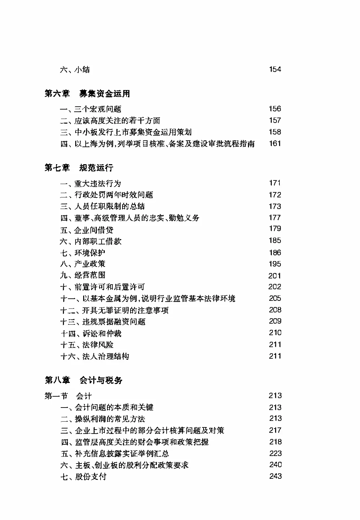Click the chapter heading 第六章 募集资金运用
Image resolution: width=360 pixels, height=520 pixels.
click(87, 94)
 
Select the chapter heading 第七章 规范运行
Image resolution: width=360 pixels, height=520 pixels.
click(79, 168)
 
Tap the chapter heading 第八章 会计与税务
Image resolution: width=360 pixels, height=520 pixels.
click(83, 380)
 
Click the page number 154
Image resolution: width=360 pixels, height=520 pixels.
click(275, 69)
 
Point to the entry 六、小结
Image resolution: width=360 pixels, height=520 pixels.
click(75, 69)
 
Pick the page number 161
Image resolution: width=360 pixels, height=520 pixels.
click(275, 144)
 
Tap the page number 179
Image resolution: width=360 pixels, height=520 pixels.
click(275, 229)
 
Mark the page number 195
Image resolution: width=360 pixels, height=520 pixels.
click(275, 264)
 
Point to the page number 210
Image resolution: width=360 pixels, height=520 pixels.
click(275, 333)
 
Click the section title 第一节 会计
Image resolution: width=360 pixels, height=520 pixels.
click(68, 396)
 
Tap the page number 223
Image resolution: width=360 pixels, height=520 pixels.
click(275, 453)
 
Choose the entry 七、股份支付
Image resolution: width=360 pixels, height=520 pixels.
click(83, 477)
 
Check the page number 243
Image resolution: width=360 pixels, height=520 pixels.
click(275, 476)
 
